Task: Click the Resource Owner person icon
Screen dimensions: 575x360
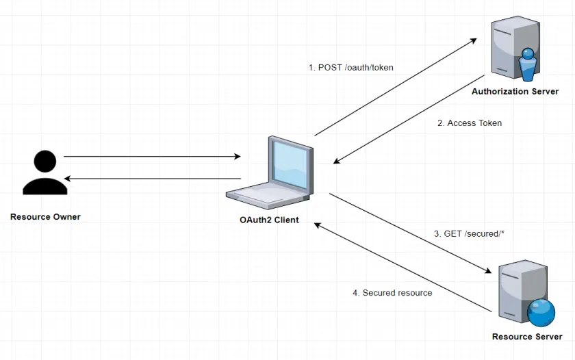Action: click(x=45, y=172)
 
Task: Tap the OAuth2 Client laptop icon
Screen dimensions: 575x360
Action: click(x=270, y=172)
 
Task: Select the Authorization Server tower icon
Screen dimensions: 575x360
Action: click(x=515, y=48)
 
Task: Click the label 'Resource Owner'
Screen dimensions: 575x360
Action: click(x=45, y=217)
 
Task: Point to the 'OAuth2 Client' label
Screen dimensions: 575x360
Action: click(x=269, y=220)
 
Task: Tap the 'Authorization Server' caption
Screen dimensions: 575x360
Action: click(x=515, y=91)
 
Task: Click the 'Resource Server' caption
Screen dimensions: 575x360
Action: click(x=527, y=337)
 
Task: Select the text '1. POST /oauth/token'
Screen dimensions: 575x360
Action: click(x=351, y=68)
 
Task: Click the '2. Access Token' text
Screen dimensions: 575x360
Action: click(x=470, y=123)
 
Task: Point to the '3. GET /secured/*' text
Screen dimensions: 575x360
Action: click(x=469, y=233)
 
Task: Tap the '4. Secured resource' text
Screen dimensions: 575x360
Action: click(x=392, y=292)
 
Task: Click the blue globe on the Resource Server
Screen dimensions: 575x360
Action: click(x=541, y=313)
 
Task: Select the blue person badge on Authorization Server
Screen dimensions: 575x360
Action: click(x=528, y=64)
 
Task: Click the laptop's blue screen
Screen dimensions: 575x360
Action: click(x=290, y=165)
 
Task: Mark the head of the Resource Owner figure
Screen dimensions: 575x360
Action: click(x=45, y=161)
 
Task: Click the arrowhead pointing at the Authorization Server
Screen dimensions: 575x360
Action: click(x=474, y=40)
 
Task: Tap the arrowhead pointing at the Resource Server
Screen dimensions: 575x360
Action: click(x=488, y=270)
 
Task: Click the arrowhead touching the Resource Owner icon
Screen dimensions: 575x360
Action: click(x=68, y=179)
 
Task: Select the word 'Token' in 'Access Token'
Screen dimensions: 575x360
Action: click(x=489, y=123)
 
